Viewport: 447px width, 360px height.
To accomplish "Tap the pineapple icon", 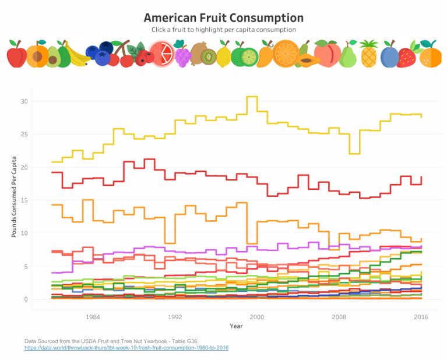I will pos(369,54).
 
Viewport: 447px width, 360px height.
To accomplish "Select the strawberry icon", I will pos(407,56).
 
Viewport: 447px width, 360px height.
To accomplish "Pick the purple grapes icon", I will pos(182,55).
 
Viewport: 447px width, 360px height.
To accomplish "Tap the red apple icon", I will pos(16,57).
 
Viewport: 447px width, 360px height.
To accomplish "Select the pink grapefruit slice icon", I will pos(161,54).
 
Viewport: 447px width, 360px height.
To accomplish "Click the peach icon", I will pos(328,54).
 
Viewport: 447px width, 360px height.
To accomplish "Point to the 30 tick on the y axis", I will pos(24,101).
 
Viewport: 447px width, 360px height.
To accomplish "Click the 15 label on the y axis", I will pos(24,200).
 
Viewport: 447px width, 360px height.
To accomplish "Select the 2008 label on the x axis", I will pos(339,317).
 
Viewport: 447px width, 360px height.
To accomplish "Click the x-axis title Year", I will pos(236,326).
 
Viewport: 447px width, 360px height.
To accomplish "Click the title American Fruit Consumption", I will pos(223,17).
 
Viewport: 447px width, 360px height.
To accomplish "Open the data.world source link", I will pos(126,348).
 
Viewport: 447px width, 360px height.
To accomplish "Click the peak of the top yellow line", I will pos(251,97).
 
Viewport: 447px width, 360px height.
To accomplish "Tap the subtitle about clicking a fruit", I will pos(223,29).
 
